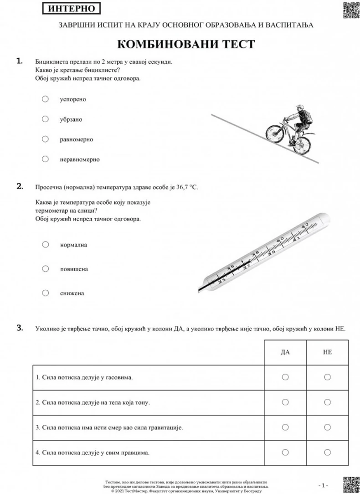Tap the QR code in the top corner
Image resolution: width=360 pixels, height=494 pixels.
pos(348,10)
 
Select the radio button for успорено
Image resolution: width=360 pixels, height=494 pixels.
pos(45,99)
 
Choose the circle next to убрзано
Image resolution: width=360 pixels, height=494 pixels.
pos(45,119)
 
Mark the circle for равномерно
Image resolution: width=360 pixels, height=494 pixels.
pos(45,139)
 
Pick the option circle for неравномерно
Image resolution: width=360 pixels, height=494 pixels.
pos(45,159)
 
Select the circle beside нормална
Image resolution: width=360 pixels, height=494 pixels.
pos(45,244)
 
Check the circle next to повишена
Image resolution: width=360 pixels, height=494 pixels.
pos(45,268)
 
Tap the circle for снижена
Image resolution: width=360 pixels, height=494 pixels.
pos(45,293)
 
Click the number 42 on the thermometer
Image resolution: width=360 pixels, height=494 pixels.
pos(305,224)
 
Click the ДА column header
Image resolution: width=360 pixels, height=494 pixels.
pos(285,352)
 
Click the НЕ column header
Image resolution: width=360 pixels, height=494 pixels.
pos(327,352)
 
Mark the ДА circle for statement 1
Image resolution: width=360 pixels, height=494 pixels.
pos(285,377)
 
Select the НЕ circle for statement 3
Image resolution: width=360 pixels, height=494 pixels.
pos(327,427)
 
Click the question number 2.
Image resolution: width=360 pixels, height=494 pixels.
pos(20,186)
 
